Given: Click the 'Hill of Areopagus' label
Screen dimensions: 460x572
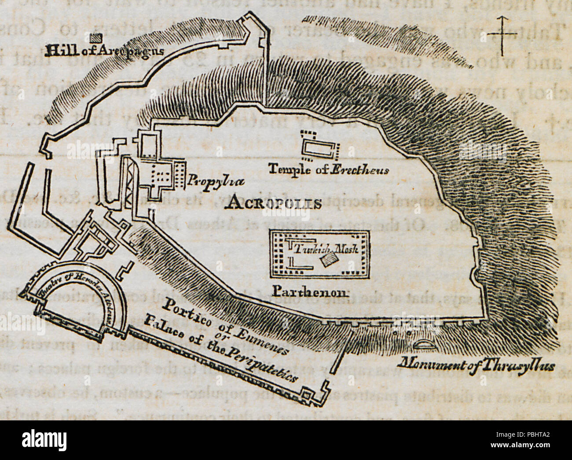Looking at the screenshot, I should coord(104,50).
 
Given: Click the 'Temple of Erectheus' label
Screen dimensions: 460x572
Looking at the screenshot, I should coord(328,169).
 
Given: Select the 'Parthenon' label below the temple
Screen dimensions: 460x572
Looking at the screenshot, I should coord(311,291).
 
